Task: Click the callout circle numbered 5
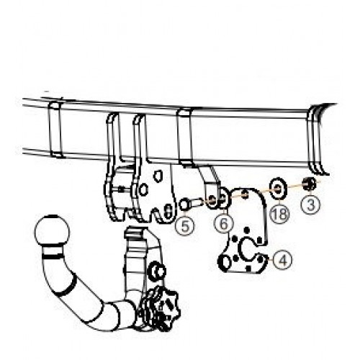pyautogui.click(x=184, y=226)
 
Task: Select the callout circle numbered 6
pyautogui.click(x=223, y=224)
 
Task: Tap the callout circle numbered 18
pyautogui.click(x=279, y=213)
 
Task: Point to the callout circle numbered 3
pyautogui.click(x=310, y=204)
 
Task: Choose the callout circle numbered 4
pyautogui.click(x=283, y=260)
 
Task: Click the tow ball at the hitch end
pyautogui.click(x=52, y=230)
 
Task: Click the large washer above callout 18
pyautogui.click(x=279, y=189)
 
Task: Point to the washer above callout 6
pyautogui.click(x=225, y=199)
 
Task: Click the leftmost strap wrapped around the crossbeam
pyautogui.click(x=55, y=129)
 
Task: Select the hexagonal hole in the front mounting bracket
pyautogui.click(x=143, y=190)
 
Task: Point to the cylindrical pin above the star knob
pyautogui.click(x=157, y=272)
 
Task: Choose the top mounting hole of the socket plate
pyautogui.click(x=244, y=194)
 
